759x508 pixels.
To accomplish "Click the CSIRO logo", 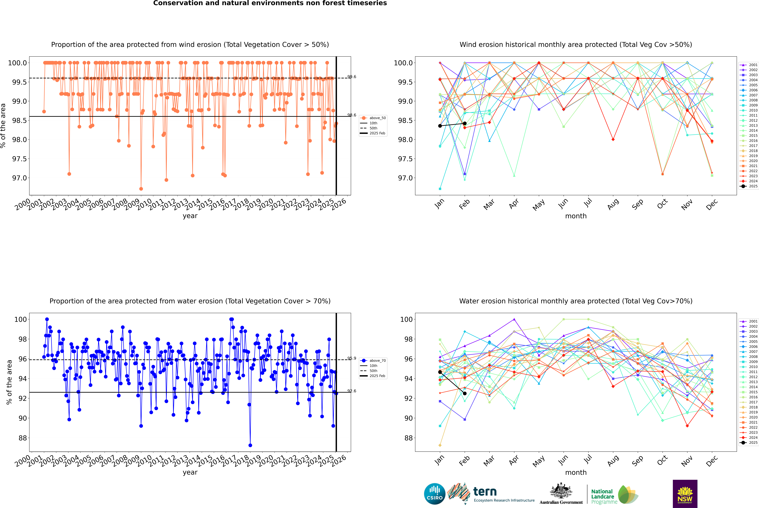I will tap(435, 494).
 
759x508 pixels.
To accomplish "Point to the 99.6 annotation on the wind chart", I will tap(352, 77).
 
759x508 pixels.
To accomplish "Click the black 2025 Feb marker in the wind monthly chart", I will tap(465, 123).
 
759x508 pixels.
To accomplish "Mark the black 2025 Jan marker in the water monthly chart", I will tap(440, 372).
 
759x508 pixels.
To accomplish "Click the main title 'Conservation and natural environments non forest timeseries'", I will tap(270, 3).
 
